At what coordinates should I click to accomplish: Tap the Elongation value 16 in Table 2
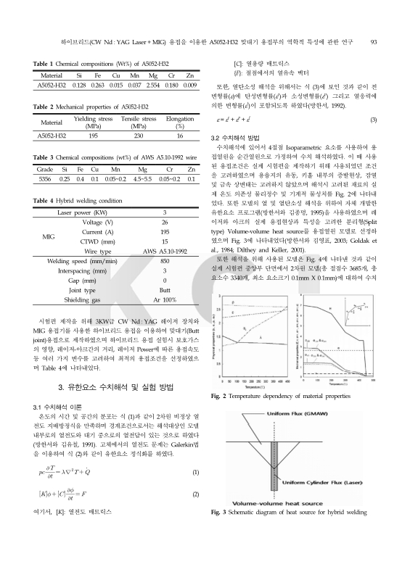179,135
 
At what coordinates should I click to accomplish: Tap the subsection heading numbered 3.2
239,136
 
